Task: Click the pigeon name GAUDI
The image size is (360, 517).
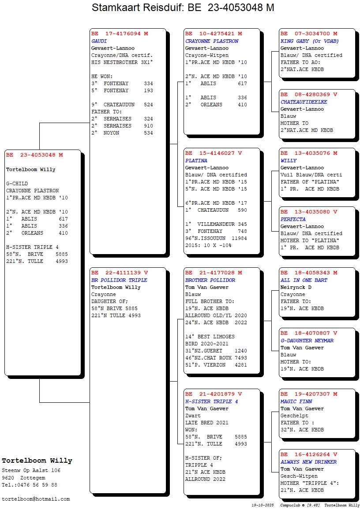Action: (99, 41)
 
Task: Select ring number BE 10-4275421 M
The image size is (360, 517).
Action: (214, 34)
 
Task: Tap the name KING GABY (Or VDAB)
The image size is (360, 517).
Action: (310, 41)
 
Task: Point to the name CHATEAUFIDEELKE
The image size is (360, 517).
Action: (304, 102)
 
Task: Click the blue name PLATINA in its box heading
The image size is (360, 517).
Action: (196, 161)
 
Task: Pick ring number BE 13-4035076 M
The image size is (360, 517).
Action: (309, 153)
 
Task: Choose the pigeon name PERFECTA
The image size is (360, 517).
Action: (293, 219)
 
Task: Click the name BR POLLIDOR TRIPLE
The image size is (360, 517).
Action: (120, 280)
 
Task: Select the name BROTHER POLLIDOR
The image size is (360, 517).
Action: (210, 280)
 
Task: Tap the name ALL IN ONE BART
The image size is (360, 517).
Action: (304, 280)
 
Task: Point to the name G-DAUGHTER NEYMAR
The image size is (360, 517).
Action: (307, 341)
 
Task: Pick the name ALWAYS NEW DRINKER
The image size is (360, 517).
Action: (308, 462)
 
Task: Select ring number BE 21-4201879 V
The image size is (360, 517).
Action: (214, 394)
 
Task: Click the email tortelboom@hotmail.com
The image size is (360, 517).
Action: (36, 499)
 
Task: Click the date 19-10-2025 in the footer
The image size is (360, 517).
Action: (263, 505)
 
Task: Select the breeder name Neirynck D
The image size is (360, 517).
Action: (296, 287)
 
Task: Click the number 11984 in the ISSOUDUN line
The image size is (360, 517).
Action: (239, 238)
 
